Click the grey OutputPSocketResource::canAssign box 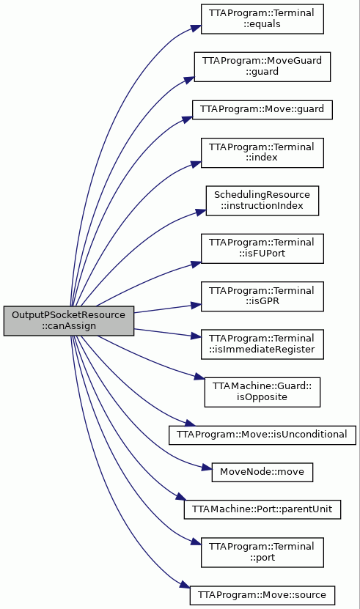click(69, 321)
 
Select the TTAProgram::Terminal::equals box click(262, 18)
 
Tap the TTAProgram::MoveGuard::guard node click(262, 67)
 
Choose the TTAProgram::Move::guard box click(262, 110)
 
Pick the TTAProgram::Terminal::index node click(262, 152)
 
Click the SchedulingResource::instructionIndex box click(262, 201)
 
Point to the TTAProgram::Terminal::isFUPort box click(262, 248)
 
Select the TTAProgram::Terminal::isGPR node click(262, 296)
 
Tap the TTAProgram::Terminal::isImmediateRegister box click(262, 344)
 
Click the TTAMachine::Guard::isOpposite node click(262, 392)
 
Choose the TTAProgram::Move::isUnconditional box click(262, 435)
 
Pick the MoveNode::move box click(262, 472)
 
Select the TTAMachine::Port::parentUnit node click(262, 509)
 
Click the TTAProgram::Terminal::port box click(262, 553)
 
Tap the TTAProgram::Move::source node click(262, 595)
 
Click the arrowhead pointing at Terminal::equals click(196, 28)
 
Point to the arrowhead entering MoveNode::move click(207, 468)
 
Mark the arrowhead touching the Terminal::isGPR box click(196, 306)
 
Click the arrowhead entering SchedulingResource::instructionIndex click(201, 212)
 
